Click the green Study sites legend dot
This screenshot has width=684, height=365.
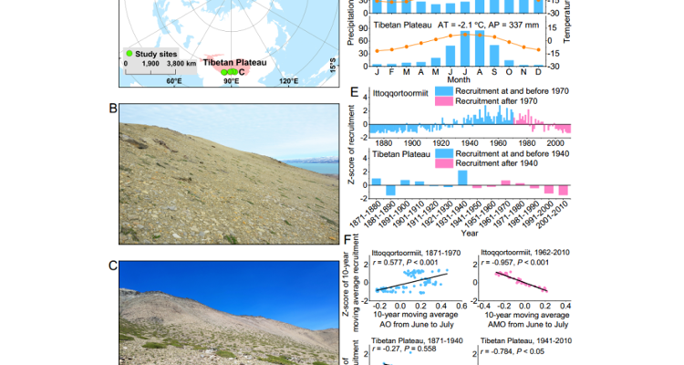tap(130, 54)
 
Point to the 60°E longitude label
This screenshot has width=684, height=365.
tap(174, 81)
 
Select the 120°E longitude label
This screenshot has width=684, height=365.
tap(288, 81)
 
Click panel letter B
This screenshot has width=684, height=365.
tap(113, 108)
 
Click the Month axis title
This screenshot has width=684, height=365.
tap(459, 79)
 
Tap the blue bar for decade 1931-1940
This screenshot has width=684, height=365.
tap(461, 177)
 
